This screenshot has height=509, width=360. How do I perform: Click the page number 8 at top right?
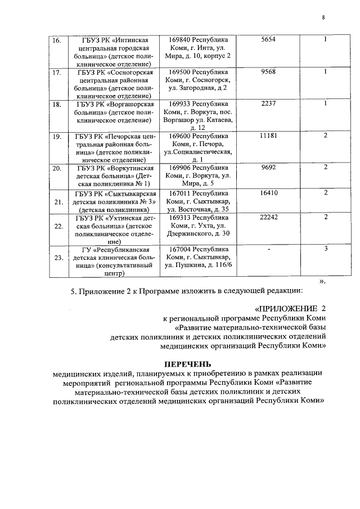pyautogui.click(x=323, y=17)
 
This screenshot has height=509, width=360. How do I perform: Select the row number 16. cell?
pyautogui.click(x=57, y=40)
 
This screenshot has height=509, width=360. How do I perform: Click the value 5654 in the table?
pyautogui.click(x=268, y=40)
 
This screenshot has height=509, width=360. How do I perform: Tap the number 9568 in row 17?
pyautogui.click(x=268, y=72)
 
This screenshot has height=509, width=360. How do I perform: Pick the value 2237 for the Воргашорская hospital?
pyautogui.click(x=268, y=104)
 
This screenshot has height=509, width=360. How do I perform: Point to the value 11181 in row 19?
pyautogui.click(x=268, y=136)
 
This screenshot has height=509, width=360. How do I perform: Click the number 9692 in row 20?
pyautogui.click(x=268, y=168)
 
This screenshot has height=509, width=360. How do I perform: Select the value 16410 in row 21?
pyautogui.click(x=268, y=192)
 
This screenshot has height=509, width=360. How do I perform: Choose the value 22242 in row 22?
pyautogui.click(x=268, y=217)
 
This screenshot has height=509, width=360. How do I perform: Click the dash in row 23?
pyautogui.click(x=268, y=249)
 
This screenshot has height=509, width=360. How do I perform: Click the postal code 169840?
pyautogui.click(x=180, y=40)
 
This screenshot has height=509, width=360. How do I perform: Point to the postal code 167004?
pyautogui.click(x=180, y=249)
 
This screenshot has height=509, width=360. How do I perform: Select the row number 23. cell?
pyautogui.click(x=57, y=258)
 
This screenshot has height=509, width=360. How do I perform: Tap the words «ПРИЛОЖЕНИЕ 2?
pyautogui.click(x=290, y=308)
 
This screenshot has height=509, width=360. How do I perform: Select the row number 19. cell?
pyautogui.click(x=57, y=136)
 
